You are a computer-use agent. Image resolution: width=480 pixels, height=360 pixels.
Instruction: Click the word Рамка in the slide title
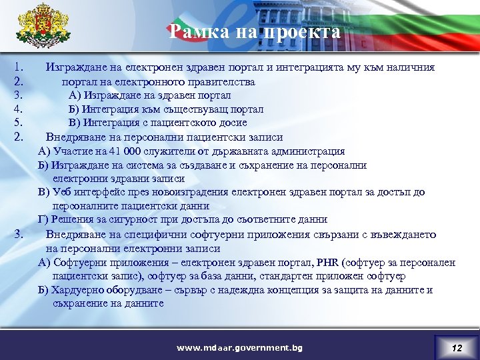194,31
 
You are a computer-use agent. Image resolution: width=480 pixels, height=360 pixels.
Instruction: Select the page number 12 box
456,347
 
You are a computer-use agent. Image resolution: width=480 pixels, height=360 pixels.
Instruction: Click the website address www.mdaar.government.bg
239,348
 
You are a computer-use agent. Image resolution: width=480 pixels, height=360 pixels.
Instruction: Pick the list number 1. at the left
19,67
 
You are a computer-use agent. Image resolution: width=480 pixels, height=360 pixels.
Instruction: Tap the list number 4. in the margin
19,109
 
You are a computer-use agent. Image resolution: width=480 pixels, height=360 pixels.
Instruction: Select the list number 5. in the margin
19,123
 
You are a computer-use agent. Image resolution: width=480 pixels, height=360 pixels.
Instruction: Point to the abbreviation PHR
328,262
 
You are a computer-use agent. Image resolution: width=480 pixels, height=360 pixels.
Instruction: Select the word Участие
69,151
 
